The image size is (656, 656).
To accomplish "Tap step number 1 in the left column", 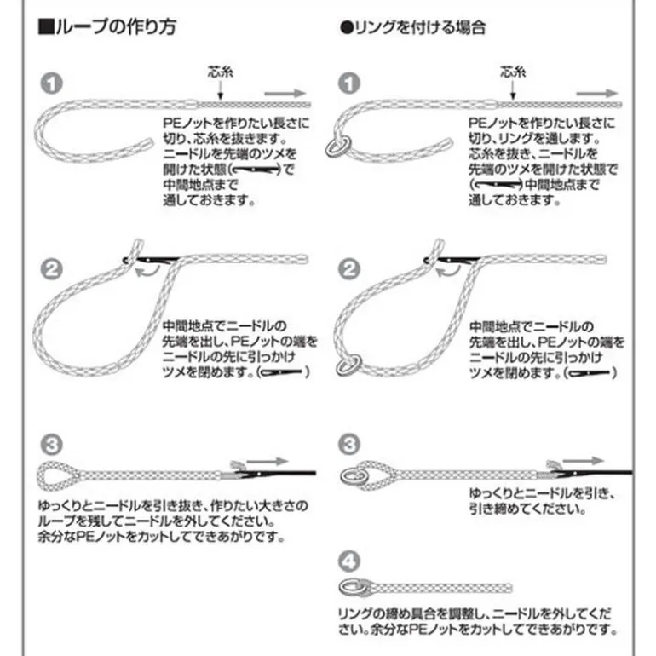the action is click(x=51, y=83).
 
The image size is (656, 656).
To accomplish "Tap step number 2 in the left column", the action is click(x=51, y=269).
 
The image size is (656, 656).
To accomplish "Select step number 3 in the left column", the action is click(x=51, y=445).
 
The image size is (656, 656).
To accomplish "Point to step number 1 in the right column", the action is click(x=349, y=83).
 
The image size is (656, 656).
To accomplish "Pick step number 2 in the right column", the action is click(x=349, y=269).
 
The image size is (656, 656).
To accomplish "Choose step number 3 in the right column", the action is click(x=349, y=445).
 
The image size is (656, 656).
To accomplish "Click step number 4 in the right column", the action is click(x=349, y=561).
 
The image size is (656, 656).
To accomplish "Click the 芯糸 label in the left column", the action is click(x=221, y=72).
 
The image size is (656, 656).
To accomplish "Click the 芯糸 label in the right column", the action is click(x=513, y=72).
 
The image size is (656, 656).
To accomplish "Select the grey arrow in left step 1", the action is click(x=285, y=94).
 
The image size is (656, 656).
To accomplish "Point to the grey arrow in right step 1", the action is click(x=597, y=94).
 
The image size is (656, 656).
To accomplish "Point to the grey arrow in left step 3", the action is click(x=268, y=462).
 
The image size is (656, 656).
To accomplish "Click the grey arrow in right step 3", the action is click(x=584, y=462).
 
